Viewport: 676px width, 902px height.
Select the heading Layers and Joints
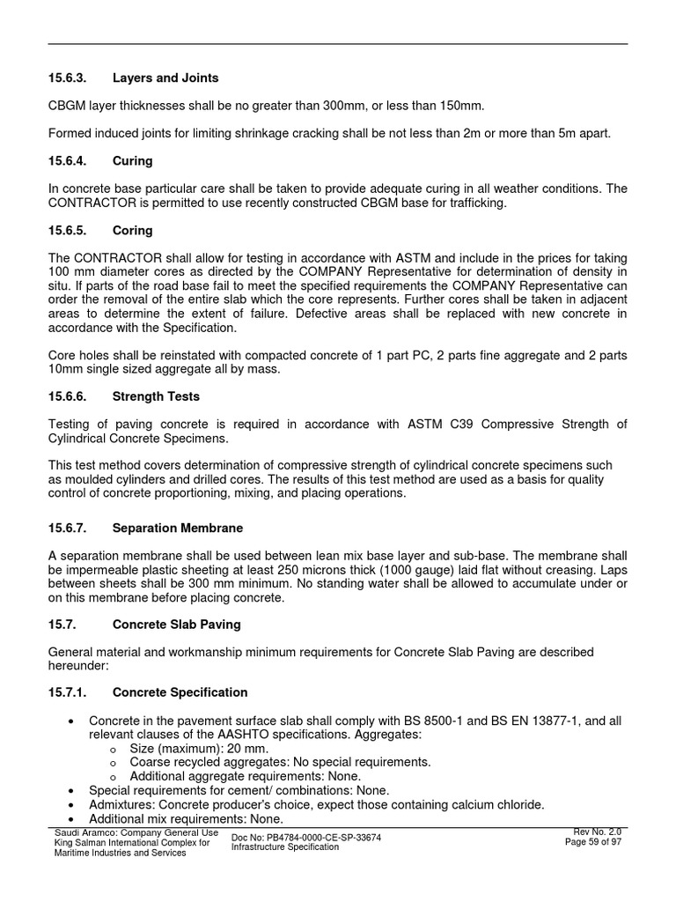point(165,78)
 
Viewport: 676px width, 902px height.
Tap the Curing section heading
point(132,161)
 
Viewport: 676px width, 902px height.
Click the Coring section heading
point(132,230)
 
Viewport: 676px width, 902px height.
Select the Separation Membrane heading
point(178,528)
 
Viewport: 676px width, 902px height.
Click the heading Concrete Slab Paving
point(177,625)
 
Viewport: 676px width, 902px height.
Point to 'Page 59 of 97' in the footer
point(593,842)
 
